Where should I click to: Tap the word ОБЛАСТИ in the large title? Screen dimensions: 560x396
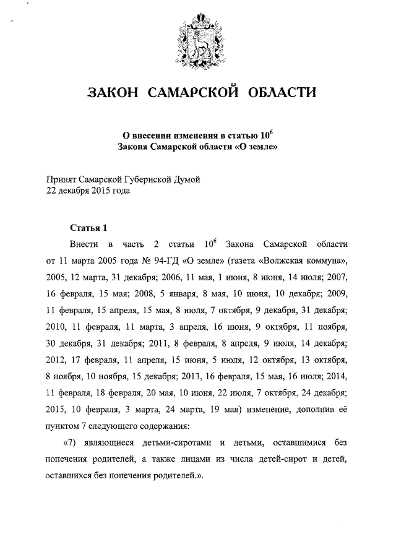point(282,93)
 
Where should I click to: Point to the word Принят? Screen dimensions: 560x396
point(62,179)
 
